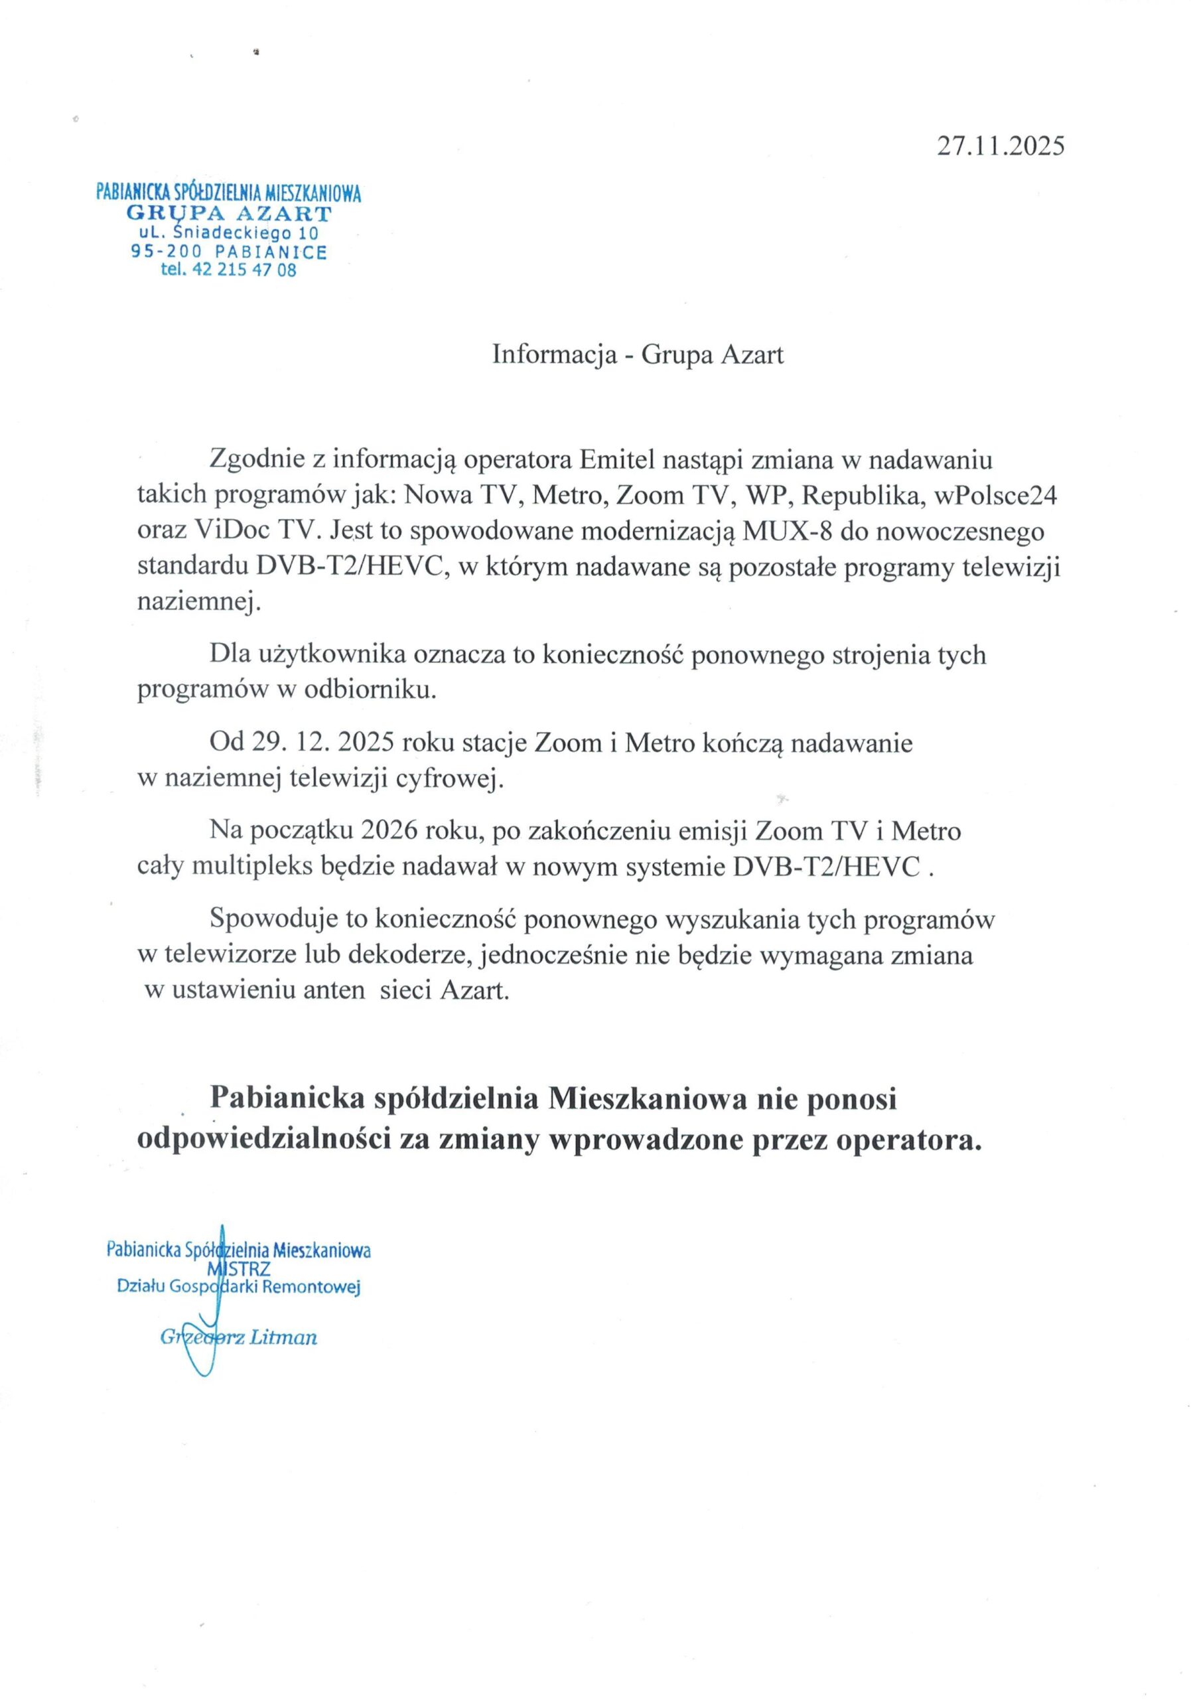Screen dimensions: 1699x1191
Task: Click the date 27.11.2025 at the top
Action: tap(1000, 146)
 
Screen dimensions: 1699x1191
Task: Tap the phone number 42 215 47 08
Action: tap(244, 270)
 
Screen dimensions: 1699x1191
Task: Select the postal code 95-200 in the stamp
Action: tap(166, 252)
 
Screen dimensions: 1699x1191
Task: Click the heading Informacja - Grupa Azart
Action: tap(637, 354)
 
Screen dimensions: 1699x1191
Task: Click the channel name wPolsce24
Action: tap(996, 494)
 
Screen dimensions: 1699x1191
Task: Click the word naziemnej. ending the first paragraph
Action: tap(199, 603)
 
